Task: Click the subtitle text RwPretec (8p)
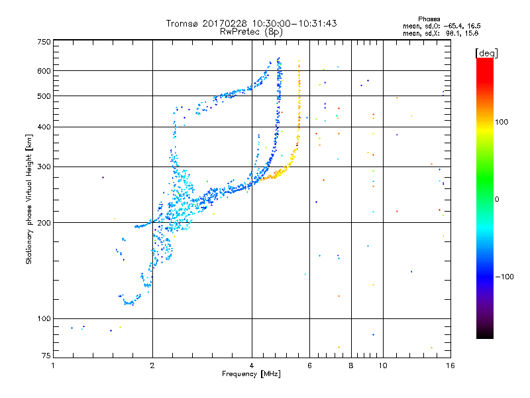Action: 252,31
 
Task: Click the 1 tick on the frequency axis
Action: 53,365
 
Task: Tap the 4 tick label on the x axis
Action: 252,365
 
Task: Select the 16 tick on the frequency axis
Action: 450,365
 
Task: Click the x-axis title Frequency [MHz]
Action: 252,375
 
